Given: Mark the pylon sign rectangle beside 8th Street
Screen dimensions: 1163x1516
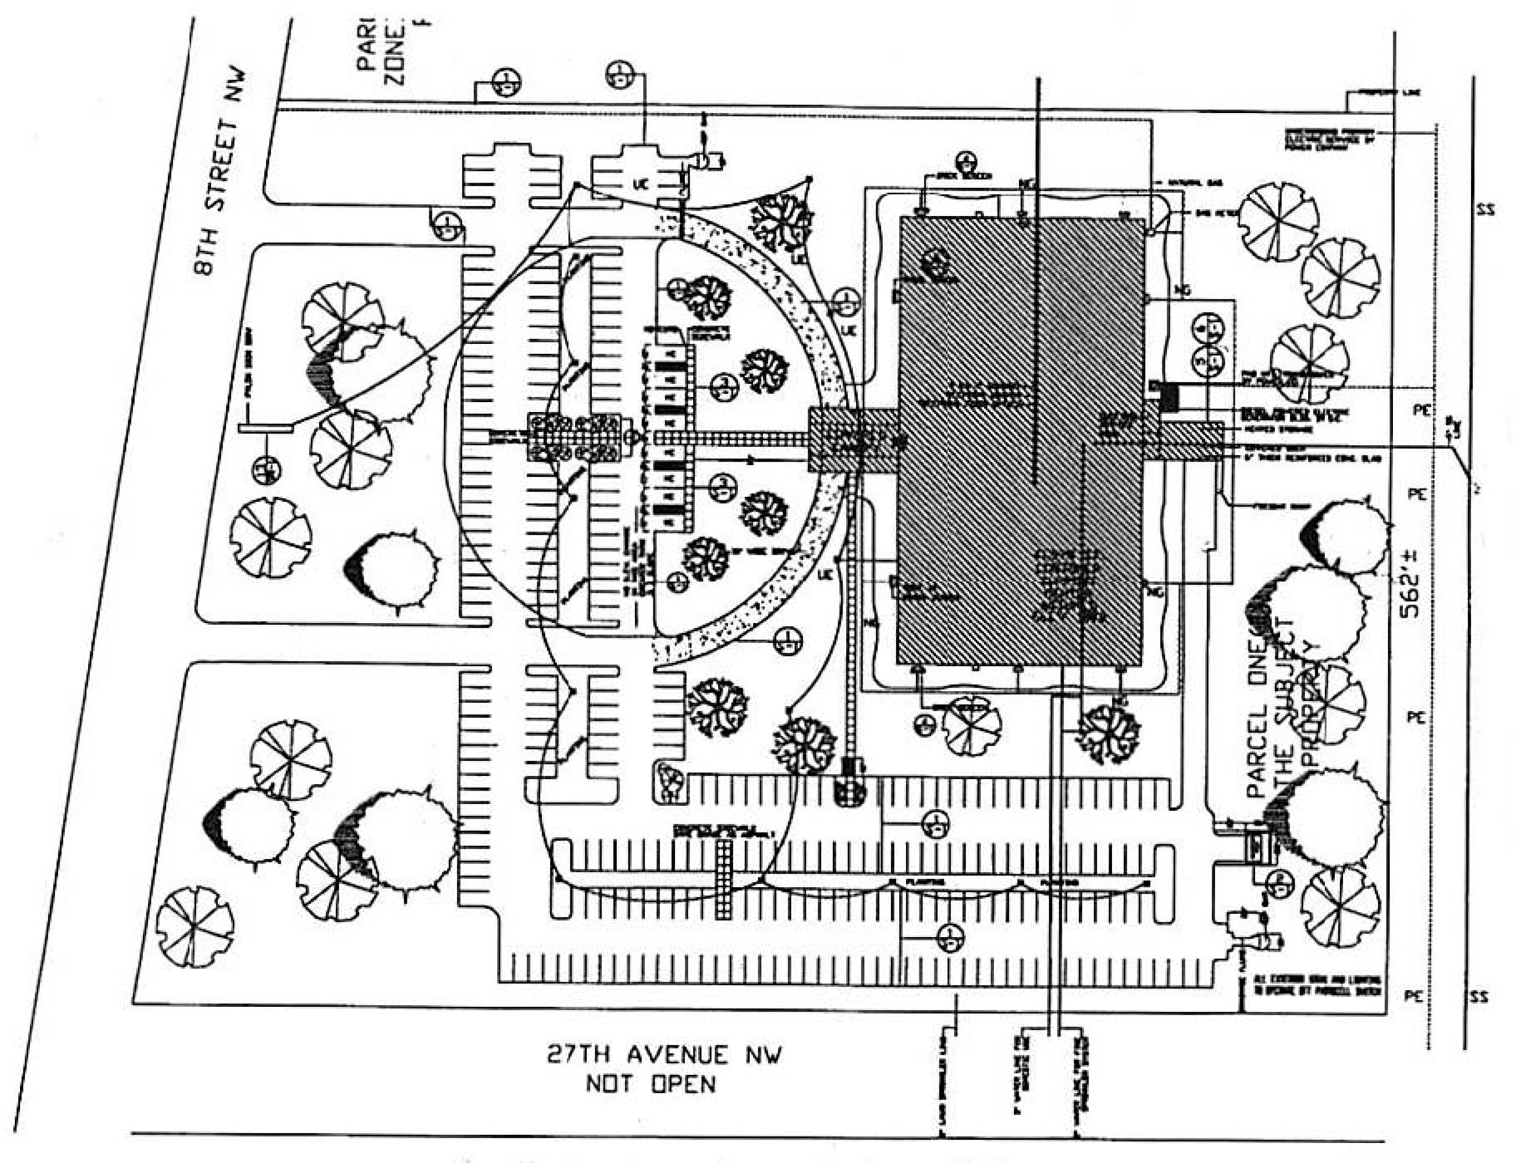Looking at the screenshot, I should (265, 429).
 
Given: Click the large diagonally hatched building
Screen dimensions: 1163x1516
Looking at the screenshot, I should (1018, 443).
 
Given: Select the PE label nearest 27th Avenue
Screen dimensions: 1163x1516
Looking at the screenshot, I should (1414, 997).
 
